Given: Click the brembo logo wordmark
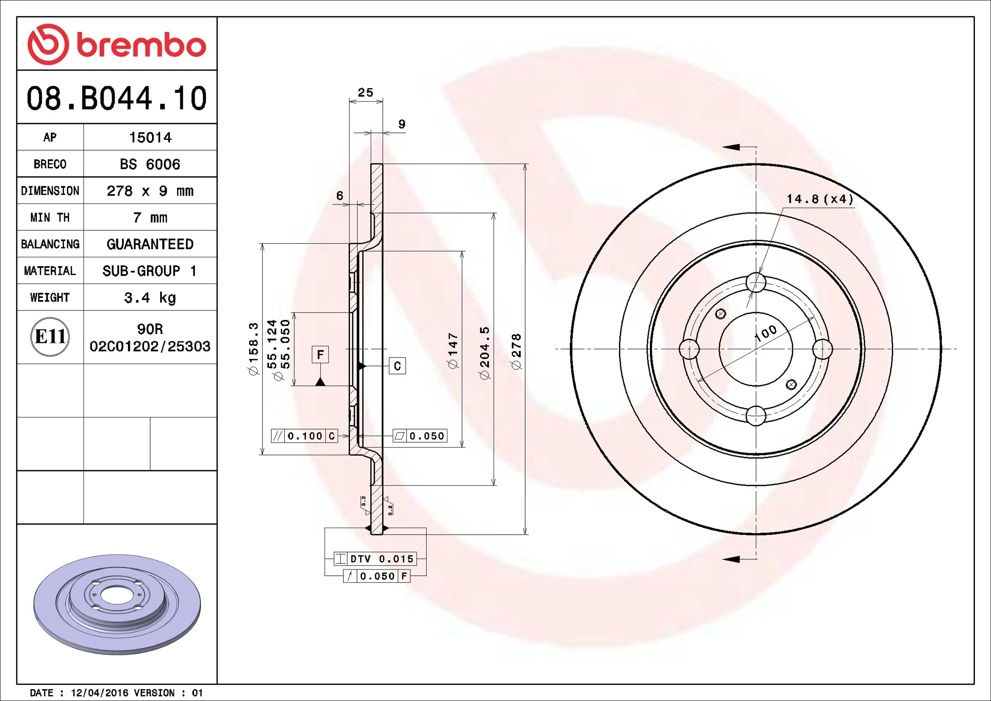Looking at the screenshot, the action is tap(141, 45).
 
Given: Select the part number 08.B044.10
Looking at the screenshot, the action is tap(117, 98).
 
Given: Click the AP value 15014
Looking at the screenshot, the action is tap(150, 138).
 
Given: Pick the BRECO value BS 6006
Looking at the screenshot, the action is tap(150, 164).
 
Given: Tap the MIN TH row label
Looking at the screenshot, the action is tap(50, 218).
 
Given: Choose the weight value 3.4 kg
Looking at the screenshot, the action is tap(150, 298).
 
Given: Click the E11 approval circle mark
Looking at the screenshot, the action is tap(50, 337).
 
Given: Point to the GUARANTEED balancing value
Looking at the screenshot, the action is tap(150, 244).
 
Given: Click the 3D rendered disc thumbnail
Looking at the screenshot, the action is tap(117, 604).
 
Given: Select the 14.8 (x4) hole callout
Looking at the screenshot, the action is tap(820, 199).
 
